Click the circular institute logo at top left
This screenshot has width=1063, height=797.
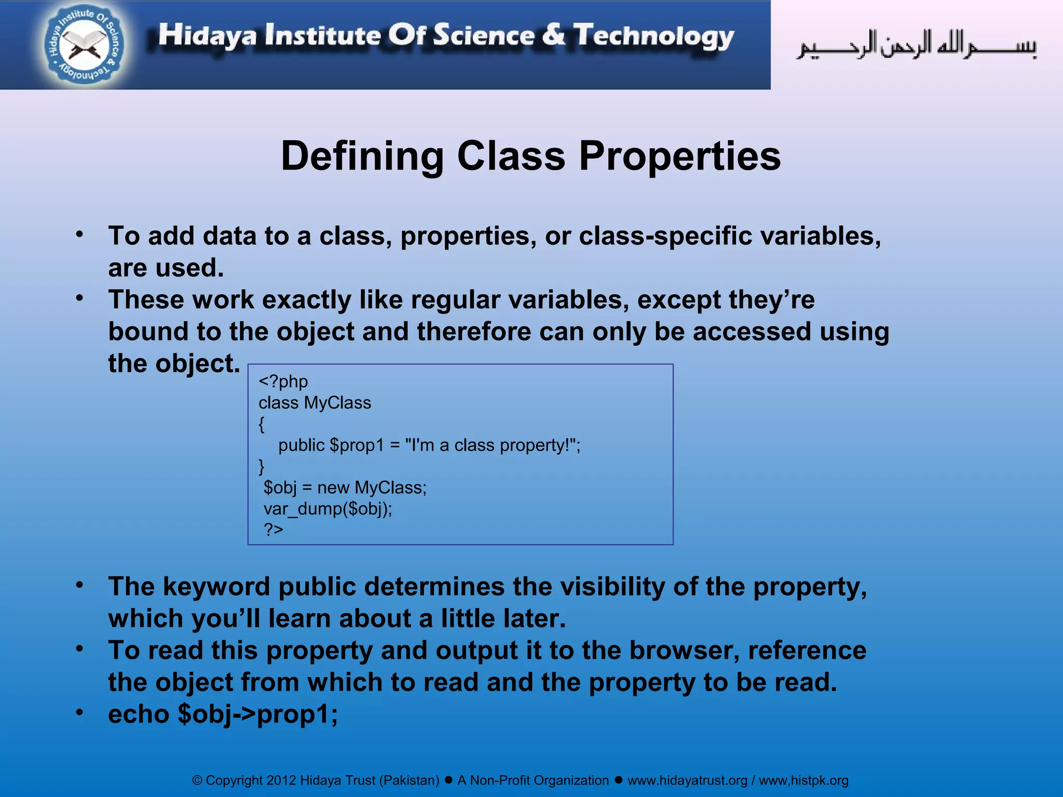(x=85, y=46)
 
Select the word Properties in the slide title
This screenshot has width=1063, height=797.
(x=679, y=156)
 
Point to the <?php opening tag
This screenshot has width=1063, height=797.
(x=283, y=381)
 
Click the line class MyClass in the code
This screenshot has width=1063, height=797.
(x=315, y=403)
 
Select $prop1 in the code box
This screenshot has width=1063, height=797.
(x=357, y=445)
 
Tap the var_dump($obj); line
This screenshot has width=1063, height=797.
(x=328, y=509)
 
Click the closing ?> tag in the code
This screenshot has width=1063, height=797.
(x=274, y=529)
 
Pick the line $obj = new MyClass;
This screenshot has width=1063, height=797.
(x=345, y=488)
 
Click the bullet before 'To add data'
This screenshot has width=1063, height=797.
(x=79, y=235)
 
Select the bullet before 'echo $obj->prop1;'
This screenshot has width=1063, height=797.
(x=79, y=712)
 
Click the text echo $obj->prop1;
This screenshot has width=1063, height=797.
(x=223, y=714)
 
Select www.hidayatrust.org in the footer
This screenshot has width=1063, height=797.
(x=687, y=780)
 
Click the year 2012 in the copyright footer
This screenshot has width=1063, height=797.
(x=281, y=780)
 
